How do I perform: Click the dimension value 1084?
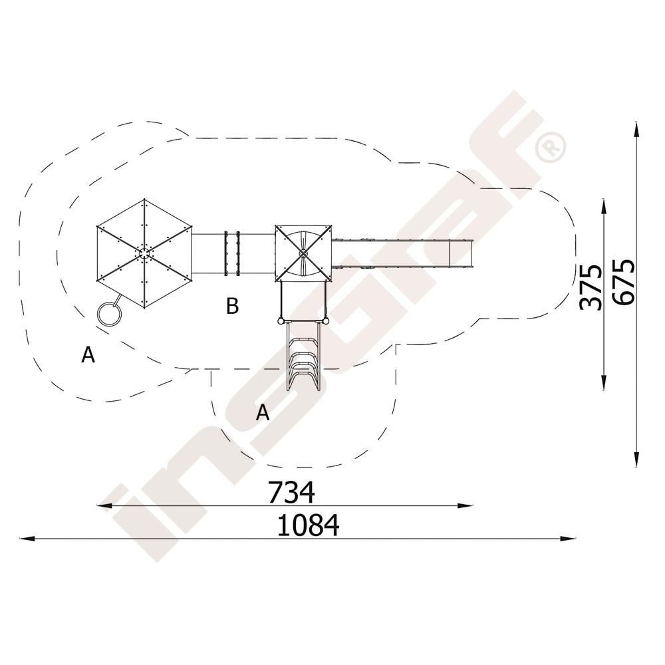point(309,525)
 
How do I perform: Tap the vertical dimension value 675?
point(624,282)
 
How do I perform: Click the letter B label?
point(232,306)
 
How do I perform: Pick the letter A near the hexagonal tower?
point(88,354)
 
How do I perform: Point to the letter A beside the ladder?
point(263,412)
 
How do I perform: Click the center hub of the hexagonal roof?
point(144,253)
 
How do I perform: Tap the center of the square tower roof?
point(303,253)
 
